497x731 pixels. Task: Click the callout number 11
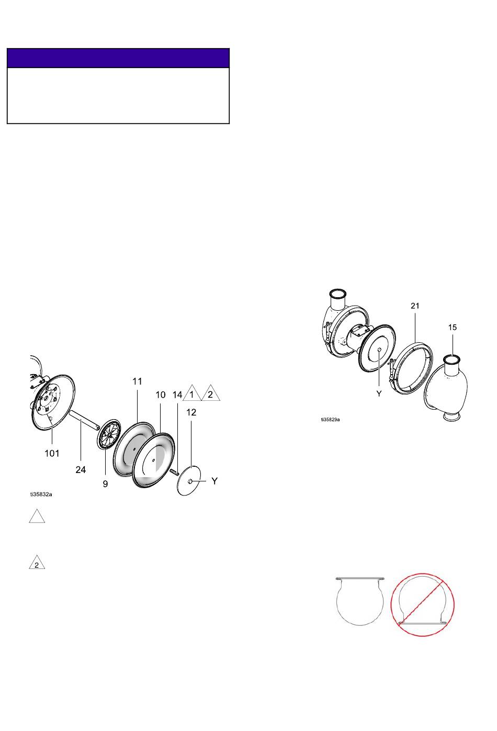click(x=137, y=381)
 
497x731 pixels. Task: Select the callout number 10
click(x=161, y=395)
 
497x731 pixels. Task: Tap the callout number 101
click(x=52, y=453)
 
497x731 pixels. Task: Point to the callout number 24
click(x=81, y=469)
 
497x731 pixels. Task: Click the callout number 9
click(x=105, y=483)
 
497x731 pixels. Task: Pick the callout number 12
click(x=191, y=412)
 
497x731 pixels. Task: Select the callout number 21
click(x=415, y=306)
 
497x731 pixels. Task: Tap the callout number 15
click(x=453, y=327)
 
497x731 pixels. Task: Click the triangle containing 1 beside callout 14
click(x=192, y=393)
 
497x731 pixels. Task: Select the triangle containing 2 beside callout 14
click(x=210, y=393)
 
